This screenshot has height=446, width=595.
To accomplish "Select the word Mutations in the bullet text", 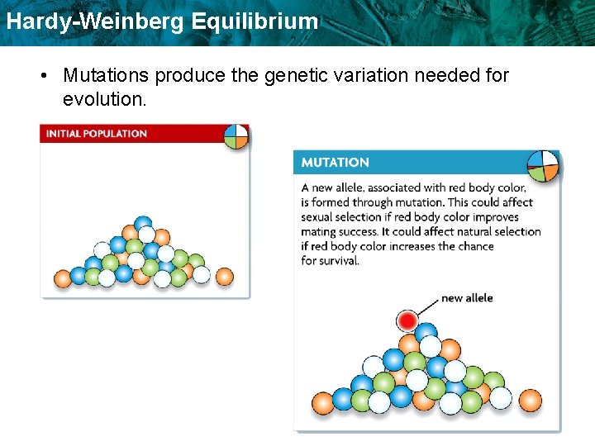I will click(107, 76).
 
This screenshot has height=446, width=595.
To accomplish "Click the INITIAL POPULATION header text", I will click(97, 134).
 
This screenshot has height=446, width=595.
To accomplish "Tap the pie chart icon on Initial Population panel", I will click(236, 136).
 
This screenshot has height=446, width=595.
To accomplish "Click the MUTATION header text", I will click(335, 163).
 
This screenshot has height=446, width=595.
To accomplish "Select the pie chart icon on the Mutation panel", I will click(543, 165).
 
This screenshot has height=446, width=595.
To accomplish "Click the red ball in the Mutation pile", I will click(407, 320).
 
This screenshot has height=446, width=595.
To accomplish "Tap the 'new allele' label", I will click(467, 298).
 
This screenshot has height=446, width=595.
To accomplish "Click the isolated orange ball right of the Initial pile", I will click(224, 275).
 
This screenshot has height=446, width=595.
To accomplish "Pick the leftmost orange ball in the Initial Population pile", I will click(63, 278).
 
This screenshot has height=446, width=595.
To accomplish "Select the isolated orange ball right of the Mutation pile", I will click(529, 401).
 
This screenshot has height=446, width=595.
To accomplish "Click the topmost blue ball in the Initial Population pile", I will click(144, 224).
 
